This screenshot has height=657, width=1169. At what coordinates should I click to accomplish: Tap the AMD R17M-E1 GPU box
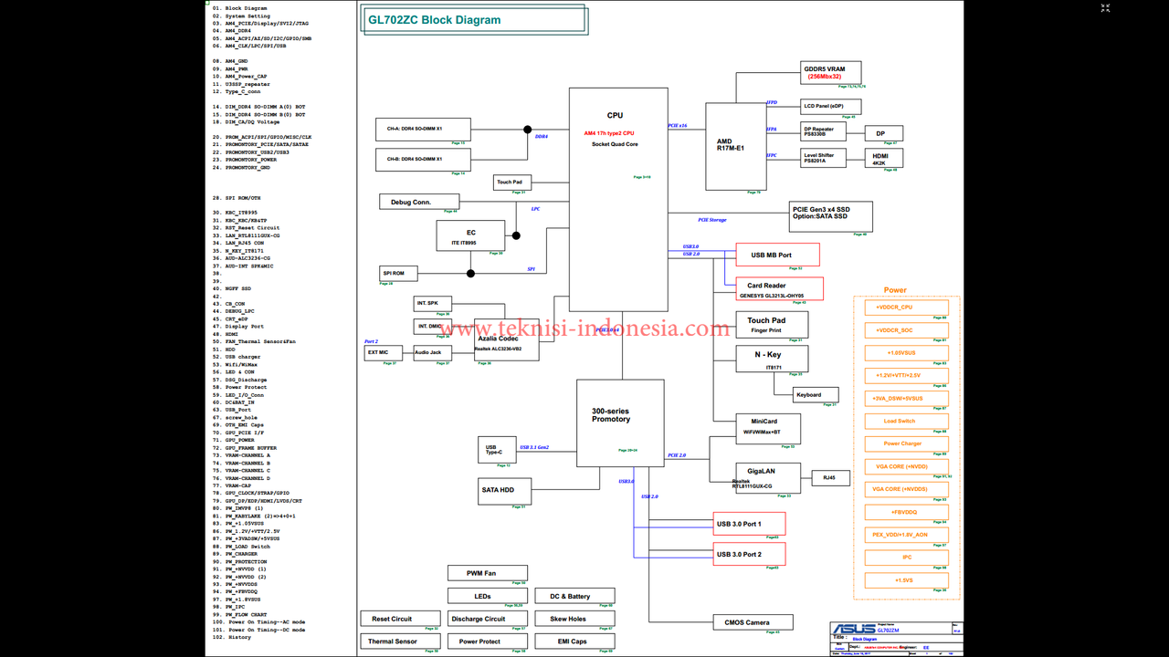coord(735,146)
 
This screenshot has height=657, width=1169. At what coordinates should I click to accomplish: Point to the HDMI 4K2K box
coord(884,158)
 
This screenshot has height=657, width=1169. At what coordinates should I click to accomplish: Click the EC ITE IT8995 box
coord(470,237)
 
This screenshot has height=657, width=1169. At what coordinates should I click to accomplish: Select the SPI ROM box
coord(398,274)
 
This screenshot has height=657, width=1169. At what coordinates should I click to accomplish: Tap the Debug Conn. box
coord(418,202)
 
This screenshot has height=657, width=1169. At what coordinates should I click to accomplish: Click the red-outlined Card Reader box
coord(779,288)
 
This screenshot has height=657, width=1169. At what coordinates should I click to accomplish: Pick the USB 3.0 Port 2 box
coord(749,554)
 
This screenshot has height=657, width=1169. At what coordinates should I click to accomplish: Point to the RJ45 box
coord(830,477)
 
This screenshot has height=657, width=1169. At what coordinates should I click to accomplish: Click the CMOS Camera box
coord(753,622)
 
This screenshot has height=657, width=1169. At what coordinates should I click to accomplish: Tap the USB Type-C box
coord(493,449)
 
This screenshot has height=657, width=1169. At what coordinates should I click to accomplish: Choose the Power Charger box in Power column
coord(903,444)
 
